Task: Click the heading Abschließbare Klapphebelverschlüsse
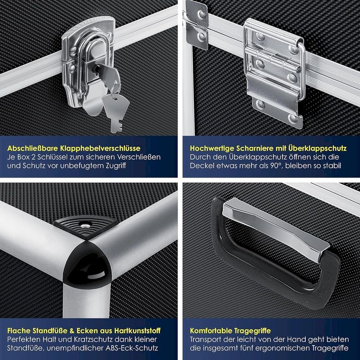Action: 74,148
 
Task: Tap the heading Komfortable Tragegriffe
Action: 230,331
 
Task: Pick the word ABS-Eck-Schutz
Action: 132,348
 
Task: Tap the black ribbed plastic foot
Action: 85,227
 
